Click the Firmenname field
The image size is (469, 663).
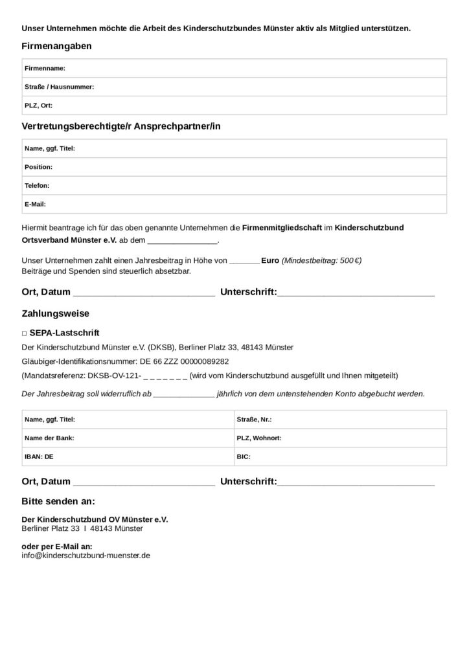click(233, 68)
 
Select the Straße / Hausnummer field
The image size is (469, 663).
click(233, 87)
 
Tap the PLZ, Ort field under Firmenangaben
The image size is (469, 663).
click(233, 105)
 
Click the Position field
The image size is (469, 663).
click(233, 167)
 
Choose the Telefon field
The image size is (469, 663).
click(233, 186)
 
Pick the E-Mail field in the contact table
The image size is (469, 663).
click(233, 204)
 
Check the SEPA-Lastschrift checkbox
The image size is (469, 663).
click(24, 333)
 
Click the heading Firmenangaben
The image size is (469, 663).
click(56, 46)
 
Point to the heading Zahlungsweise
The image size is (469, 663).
click(55, 313)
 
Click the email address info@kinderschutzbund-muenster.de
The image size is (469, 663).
click(86, 556)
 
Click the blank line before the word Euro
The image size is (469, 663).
click(244, 261)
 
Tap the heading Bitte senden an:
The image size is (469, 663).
click(58, 501)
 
